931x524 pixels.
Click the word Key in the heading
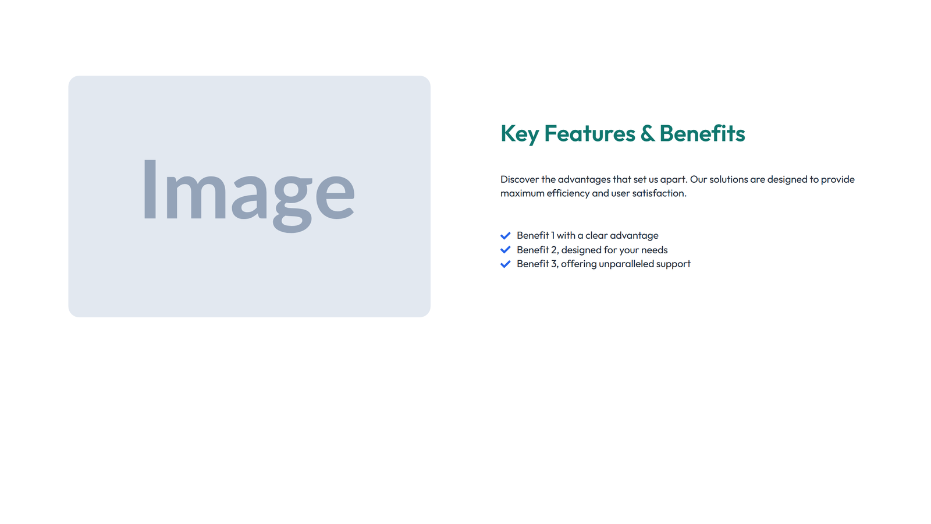point(519,134)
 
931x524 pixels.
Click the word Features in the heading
point(589,134)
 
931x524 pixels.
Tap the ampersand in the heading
point(647,134)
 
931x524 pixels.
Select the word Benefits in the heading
point(702,134)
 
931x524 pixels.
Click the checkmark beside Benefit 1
point(505,236)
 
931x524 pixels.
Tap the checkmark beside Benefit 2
point(505,250)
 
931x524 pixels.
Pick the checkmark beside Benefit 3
point(505,264)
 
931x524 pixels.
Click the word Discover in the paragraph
point(519,179)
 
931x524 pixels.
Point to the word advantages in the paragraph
point(584,179)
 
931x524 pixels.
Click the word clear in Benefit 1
point(596,235)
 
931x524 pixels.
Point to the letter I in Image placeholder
point(150,190)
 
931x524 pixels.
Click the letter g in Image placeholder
point(292,198)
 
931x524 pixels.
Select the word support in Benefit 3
point(673,264)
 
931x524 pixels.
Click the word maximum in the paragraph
point(522,193)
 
